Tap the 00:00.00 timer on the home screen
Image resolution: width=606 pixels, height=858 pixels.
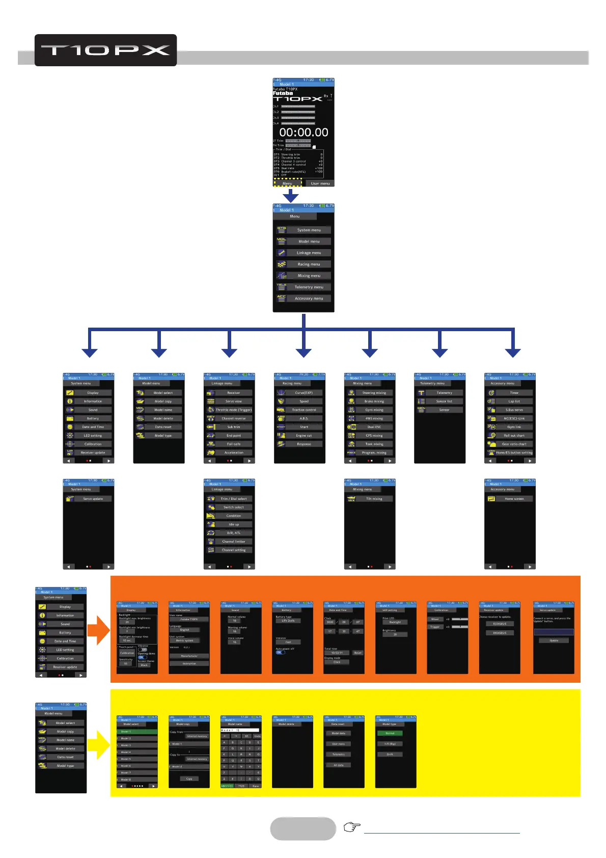point(304,132)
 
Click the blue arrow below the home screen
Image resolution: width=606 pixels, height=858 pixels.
point(290,195)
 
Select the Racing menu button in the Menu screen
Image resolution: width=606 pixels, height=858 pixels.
point(309,264)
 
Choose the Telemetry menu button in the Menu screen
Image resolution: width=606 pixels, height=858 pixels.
point(309,287)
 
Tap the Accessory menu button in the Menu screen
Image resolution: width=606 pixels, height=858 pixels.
point(309,299)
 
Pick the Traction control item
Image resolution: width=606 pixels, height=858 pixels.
point(304,410)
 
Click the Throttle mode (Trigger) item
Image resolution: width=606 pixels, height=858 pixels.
point(234,410)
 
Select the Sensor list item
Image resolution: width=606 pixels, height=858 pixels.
point(444,401)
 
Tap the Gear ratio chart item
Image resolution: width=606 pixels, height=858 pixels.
point(514,444)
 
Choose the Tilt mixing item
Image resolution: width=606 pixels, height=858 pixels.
point(374,499)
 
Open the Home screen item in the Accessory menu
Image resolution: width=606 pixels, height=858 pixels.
point(514,499)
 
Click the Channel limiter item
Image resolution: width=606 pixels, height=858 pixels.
point(234,542)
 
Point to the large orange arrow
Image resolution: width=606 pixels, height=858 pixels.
point(98,631)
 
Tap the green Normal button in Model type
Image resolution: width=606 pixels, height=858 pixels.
point(390,733)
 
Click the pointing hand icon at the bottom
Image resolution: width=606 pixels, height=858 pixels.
point(352,827)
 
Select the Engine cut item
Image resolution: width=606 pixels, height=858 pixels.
point(304,436)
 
